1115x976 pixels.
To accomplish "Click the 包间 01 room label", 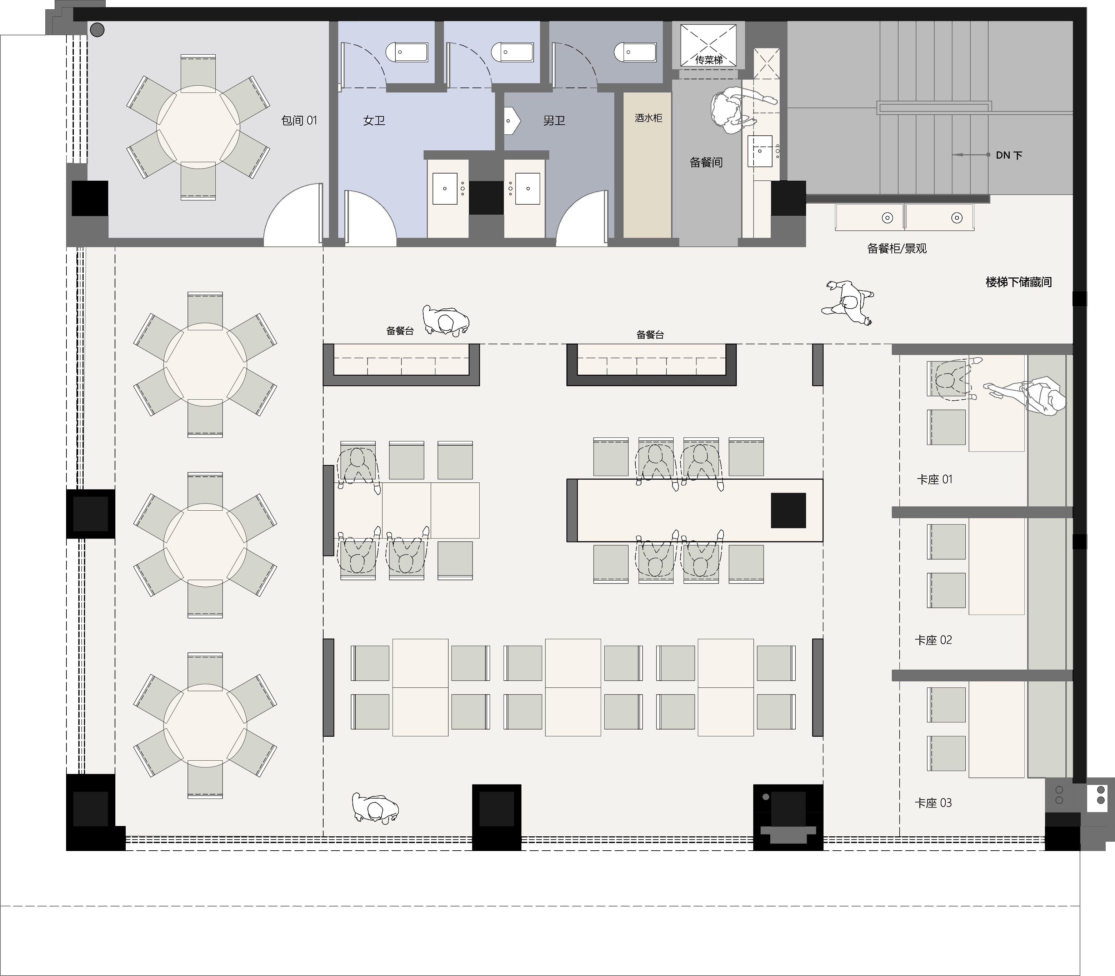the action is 299,120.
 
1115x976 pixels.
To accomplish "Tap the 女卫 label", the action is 374,120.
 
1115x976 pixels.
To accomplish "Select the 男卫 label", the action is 554,120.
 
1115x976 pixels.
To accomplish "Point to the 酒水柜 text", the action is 648,117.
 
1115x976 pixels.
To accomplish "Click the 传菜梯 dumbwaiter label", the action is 709,60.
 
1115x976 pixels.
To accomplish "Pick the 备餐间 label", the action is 706,162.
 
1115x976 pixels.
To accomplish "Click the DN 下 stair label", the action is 1009,155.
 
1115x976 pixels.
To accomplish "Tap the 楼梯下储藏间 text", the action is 1019,282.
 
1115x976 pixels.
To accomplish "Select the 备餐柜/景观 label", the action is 896,248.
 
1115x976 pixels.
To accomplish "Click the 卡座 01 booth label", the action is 935,479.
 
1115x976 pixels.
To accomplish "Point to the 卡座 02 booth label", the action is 934,640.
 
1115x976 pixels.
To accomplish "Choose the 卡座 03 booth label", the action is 934,803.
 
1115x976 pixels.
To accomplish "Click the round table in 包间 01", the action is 198,127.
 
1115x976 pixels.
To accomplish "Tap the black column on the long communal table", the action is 788,510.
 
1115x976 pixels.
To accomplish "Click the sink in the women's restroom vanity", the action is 445,189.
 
